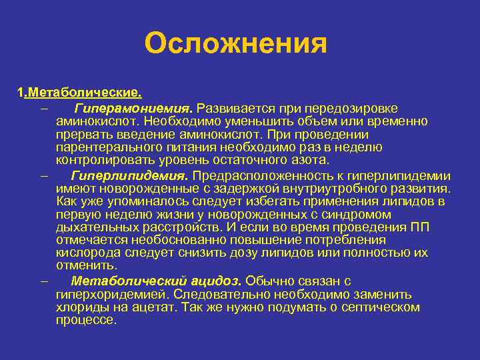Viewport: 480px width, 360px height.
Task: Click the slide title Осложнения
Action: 236,45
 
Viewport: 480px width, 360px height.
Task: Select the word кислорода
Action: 83,253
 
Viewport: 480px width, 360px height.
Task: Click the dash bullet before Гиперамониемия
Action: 43,109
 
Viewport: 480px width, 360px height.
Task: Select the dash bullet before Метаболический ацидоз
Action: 43,281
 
